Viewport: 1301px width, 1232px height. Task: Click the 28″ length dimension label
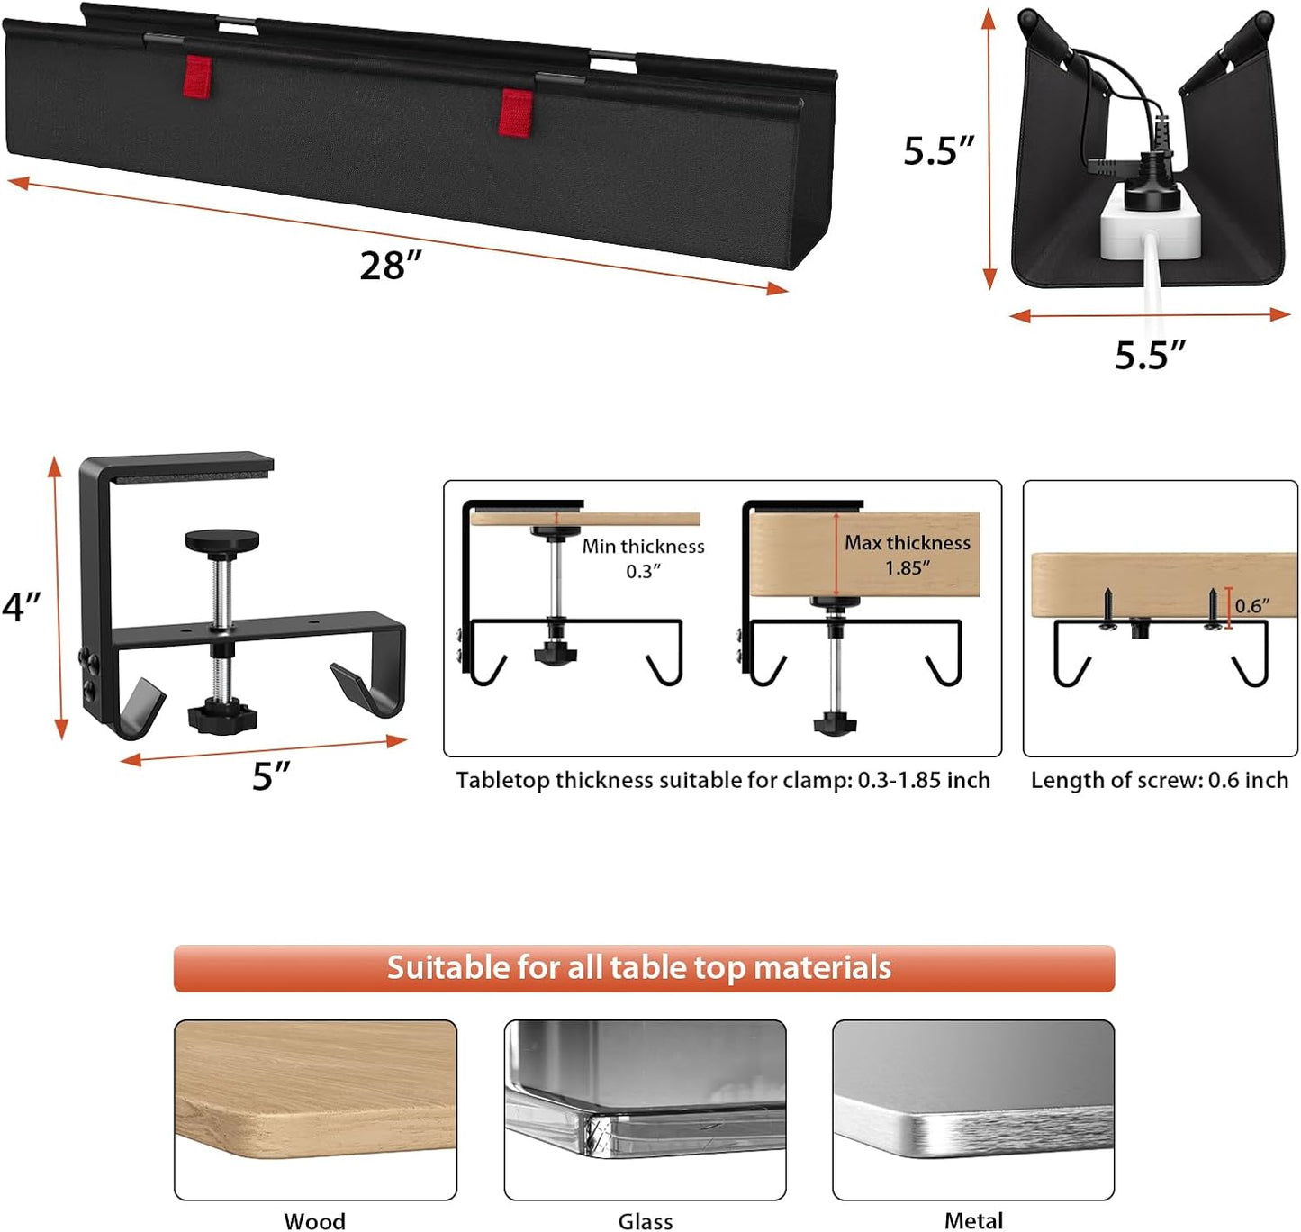pos(391,266)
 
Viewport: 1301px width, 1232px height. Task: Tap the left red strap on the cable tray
pos(197,76)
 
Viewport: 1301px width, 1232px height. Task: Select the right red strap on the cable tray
pos(515,112)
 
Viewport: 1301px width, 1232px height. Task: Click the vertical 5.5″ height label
pos(939,150)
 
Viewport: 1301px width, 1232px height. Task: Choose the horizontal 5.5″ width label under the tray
pos(1150,355)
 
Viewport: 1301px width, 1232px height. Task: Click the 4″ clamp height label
pos(22,606)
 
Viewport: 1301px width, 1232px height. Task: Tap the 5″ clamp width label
pos(271,776)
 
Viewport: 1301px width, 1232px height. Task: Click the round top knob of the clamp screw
pos(221,542)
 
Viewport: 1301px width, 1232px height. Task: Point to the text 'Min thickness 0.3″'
pos(643,558)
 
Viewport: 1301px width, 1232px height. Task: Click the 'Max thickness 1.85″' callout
pos(907,555)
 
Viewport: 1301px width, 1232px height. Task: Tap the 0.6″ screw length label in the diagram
pos(1251,606)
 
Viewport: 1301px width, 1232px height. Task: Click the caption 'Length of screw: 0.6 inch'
pos(1159,780)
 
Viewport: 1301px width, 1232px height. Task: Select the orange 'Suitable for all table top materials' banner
pos(644,968)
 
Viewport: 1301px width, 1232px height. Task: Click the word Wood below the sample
pos(314,1220)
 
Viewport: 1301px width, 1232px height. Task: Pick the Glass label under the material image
pos(645,1220)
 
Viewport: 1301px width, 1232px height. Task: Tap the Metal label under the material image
pos(973,1220)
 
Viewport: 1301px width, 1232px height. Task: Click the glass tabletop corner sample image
pos(645,1110)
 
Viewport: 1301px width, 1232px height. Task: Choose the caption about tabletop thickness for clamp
pos(722,780)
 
